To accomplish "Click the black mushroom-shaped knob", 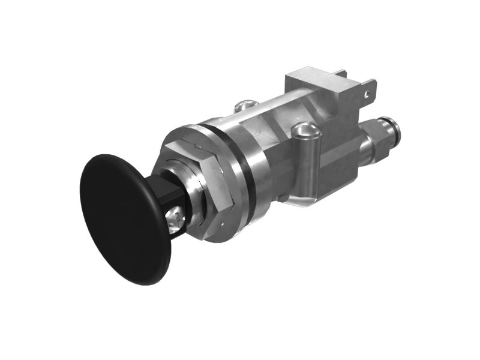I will tap(123, 219).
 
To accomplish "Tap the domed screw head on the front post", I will tap(304, 129).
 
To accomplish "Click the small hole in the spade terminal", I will tap(365, 94).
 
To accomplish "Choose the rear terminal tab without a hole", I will tap(341, 75).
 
